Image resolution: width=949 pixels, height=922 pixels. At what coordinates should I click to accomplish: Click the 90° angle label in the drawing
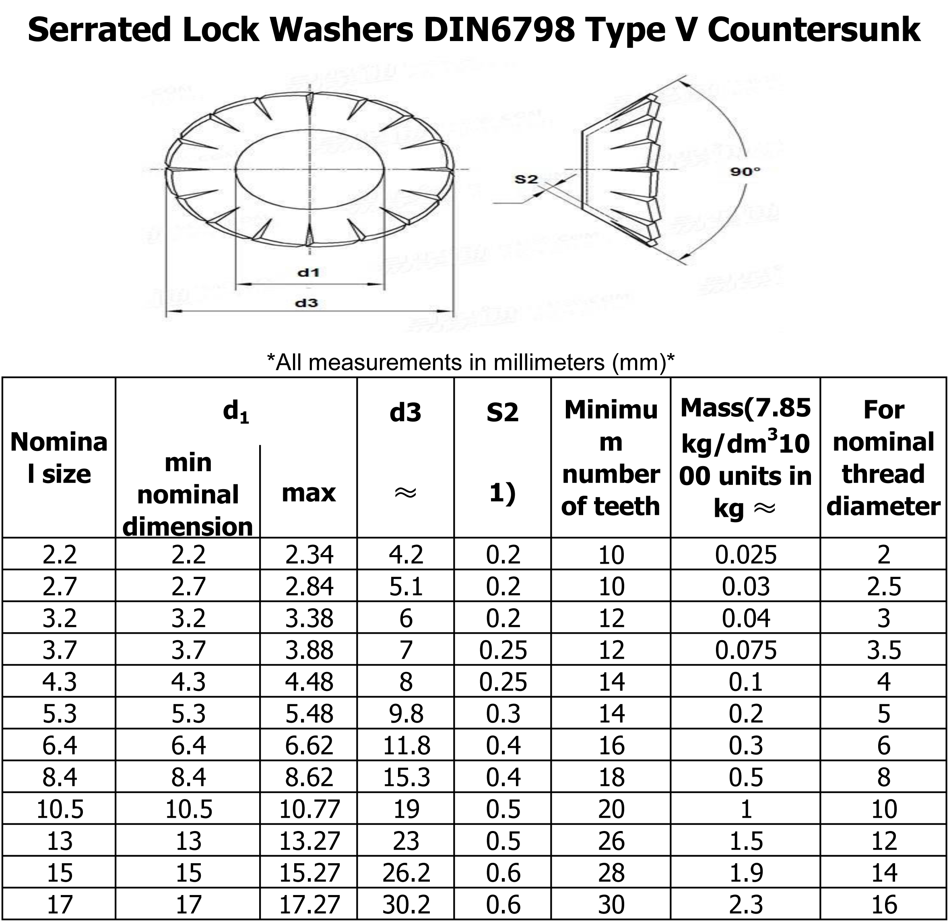click(x=745, y=172)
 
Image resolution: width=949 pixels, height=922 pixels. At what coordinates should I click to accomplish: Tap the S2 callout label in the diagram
click(x=526, y=179)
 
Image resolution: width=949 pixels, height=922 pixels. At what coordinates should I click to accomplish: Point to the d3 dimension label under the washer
click(x=307, y=303)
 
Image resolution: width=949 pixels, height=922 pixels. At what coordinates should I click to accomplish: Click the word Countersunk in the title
click(x=813, y=30)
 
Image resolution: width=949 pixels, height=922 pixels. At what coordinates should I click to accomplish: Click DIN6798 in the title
click(x=499, y=30)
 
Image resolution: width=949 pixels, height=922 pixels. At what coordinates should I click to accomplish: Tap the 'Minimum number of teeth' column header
click(x=611, y=457)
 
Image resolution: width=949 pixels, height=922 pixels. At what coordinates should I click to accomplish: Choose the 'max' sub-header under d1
click(x=308, y=493)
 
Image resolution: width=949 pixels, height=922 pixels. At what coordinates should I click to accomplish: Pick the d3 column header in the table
click(x=405, y=412)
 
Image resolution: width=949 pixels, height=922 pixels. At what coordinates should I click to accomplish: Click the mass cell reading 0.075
click(x=746, y=650)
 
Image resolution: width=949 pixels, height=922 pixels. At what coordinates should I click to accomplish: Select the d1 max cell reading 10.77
click(x=309, y=809)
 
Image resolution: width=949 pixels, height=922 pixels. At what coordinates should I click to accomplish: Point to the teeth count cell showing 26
click(x=611, y=841)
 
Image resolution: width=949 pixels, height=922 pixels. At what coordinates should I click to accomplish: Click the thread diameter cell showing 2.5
click(x=884, y=586)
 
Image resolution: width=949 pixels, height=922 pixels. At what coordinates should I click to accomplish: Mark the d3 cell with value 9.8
click(x=406, y=714)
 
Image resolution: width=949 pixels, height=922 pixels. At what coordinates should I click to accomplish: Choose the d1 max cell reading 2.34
click(x=309, y=554)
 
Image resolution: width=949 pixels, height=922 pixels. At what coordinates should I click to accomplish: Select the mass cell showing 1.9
click(x=746, y=872)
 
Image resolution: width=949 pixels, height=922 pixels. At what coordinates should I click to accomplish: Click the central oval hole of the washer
click(x=310, y=169)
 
